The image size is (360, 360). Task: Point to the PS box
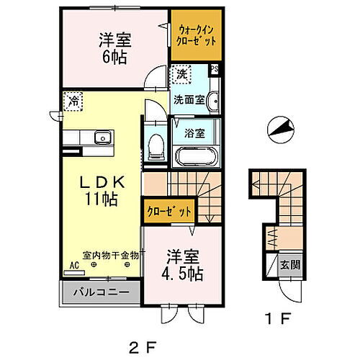(x=213, y=70)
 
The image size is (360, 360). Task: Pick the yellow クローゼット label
(x=168, y=212)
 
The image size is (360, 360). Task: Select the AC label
(x=72, y=264)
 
